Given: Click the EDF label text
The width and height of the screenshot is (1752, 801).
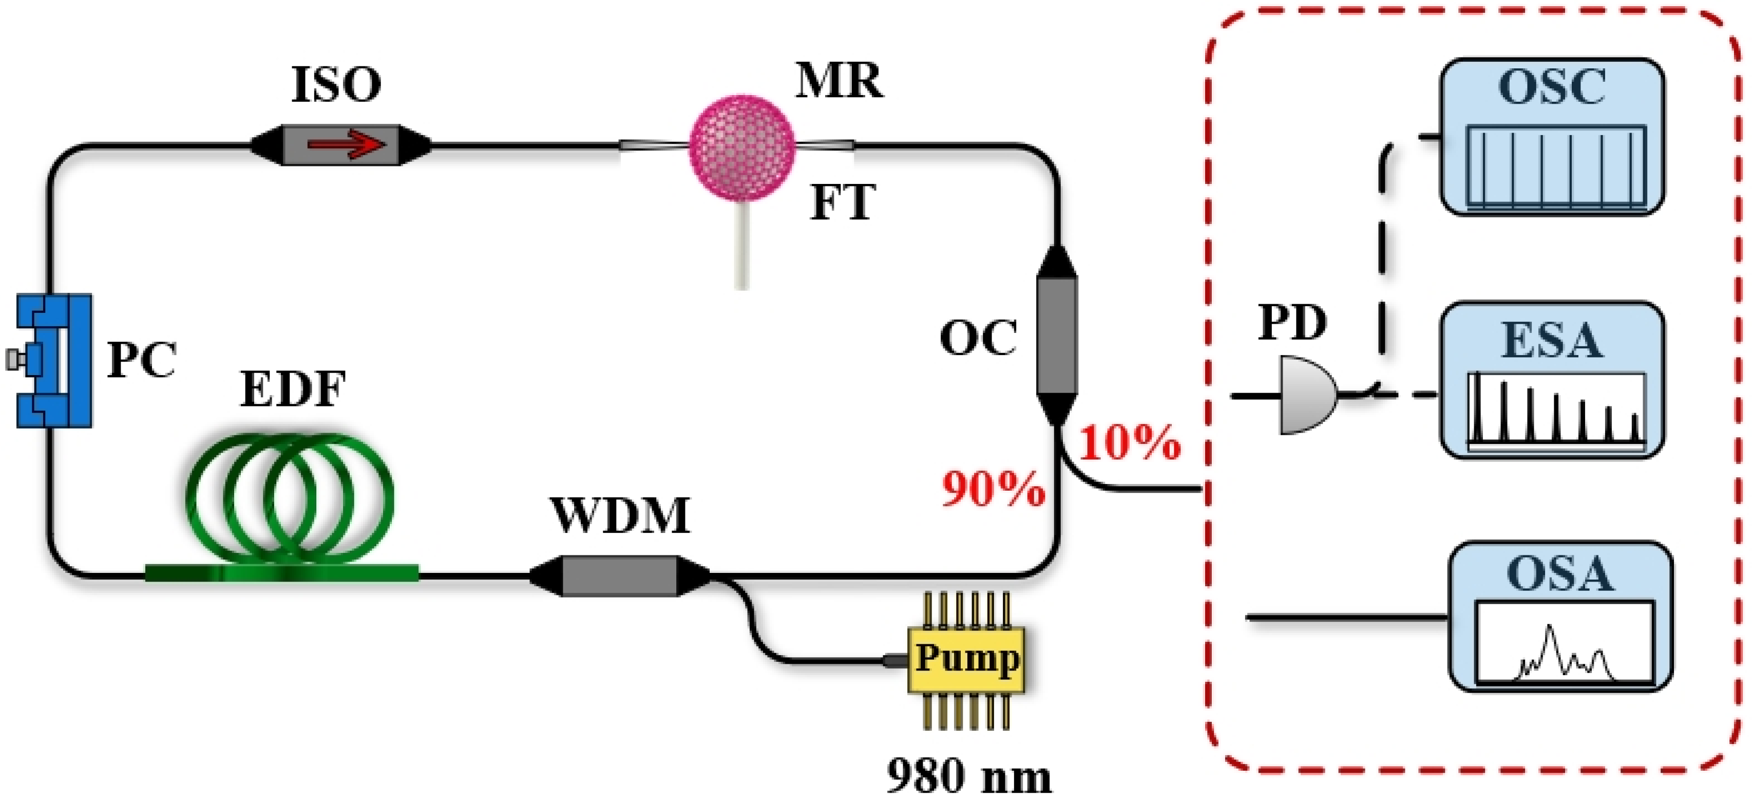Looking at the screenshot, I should point(293,389).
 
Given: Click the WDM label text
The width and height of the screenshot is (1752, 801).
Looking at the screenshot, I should point(620,515).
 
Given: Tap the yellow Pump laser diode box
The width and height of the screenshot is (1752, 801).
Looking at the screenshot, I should point(966,659).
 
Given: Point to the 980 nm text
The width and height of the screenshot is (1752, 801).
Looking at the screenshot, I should point(968,775).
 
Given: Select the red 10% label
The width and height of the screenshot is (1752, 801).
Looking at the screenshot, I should point(1130,442).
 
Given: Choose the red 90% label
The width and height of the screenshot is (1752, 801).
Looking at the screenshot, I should point(993,489).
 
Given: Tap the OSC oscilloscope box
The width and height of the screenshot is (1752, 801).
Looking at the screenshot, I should point(1552,137).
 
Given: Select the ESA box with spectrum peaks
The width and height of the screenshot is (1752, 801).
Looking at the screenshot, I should point(1552,380).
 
